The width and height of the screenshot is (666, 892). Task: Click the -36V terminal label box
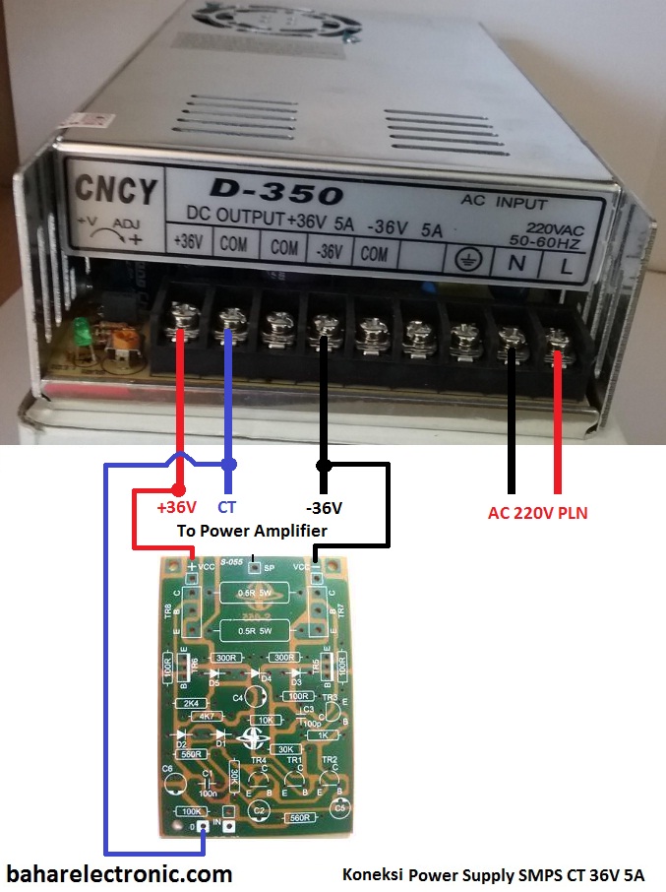click(x=328, y=250)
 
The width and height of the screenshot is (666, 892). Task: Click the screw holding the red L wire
click(x=559, y=341)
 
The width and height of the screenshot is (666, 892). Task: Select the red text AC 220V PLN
click(x=537, y=513)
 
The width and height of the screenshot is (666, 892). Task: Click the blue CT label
click(x=227, y=508)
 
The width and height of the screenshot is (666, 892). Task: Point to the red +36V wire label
click(x=177, y=508)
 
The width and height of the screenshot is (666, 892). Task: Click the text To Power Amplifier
click(x=252, y=531)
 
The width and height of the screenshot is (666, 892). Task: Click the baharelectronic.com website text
click(x=120, y=872)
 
